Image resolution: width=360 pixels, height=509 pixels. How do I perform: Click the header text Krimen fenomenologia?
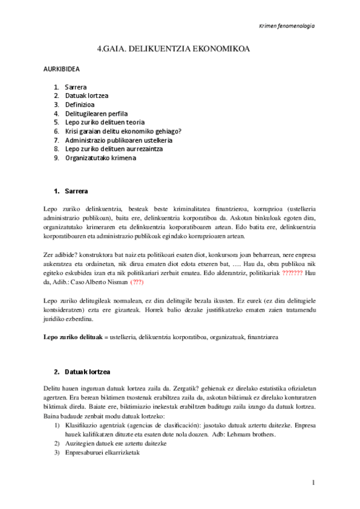pyautogui.click(x=286, y=26)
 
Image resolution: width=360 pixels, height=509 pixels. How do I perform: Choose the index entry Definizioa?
pyautogui.click(x=80, y=104)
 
